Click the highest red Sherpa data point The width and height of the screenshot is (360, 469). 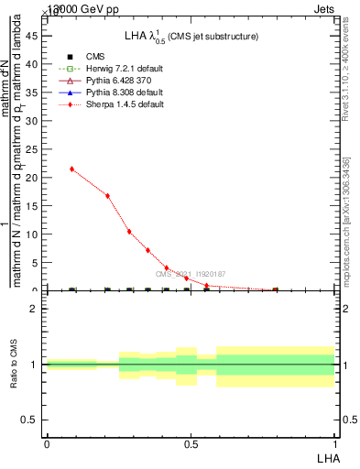[72, 169]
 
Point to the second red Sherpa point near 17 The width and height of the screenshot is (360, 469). [108, 195]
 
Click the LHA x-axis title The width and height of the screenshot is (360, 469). [325, 457]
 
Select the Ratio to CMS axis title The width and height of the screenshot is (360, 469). [14, 365]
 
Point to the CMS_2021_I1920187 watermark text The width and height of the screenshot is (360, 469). [191, 274]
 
